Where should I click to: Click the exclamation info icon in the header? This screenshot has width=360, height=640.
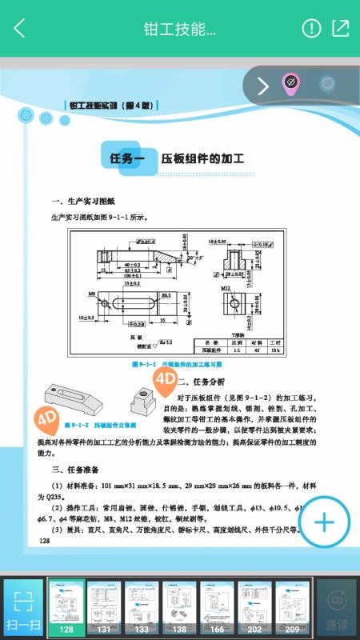point(311,29)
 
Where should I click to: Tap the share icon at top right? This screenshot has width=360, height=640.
point(341,29)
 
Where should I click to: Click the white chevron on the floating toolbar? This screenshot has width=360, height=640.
point(262,86)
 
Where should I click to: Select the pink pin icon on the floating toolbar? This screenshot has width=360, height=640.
point(290,84)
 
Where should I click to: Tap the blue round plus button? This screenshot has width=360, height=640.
point(324,522)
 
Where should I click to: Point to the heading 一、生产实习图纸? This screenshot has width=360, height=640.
point(83,202)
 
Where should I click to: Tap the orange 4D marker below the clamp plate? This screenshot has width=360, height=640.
point(46,418)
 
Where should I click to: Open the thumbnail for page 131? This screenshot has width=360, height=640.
point(103,608)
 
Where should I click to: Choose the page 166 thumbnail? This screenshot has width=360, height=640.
point(218,608)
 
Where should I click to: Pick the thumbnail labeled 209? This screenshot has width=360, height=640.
point(292,608)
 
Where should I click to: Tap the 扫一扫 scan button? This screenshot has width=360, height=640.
point(23,608)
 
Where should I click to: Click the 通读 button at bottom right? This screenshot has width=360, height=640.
point(336,608)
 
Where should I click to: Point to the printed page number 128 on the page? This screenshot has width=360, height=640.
point(44,542)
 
